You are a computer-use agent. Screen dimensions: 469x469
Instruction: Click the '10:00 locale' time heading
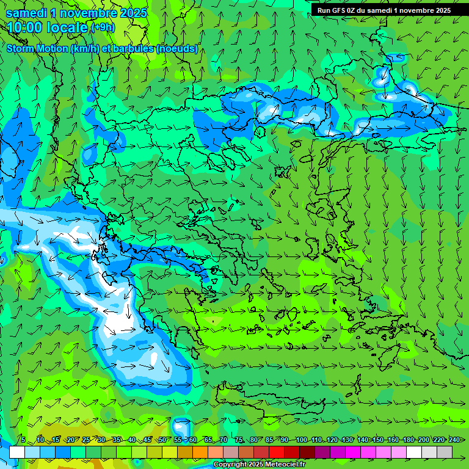click(48, 27)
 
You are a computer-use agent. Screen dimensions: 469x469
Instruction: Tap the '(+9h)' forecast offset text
click(103, 27)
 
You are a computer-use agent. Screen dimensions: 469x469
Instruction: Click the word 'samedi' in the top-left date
click(26, 12)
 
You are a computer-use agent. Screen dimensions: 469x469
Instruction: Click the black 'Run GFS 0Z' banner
click(384, 10)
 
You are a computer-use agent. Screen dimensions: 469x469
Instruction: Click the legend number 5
click(23, 440)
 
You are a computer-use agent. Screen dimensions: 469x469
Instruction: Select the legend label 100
click(301, 440)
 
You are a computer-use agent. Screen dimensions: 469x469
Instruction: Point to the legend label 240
click(454, 440)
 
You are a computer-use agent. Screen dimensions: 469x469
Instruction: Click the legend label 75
click(239, 440)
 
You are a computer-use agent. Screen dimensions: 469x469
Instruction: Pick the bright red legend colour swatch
click(277, 452)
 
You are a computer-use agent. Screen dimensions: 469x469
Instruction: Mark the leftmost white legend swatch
click(17, 452)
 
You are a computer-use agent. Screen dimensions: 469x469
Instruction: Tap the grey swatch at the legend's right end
click(445, 452)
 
